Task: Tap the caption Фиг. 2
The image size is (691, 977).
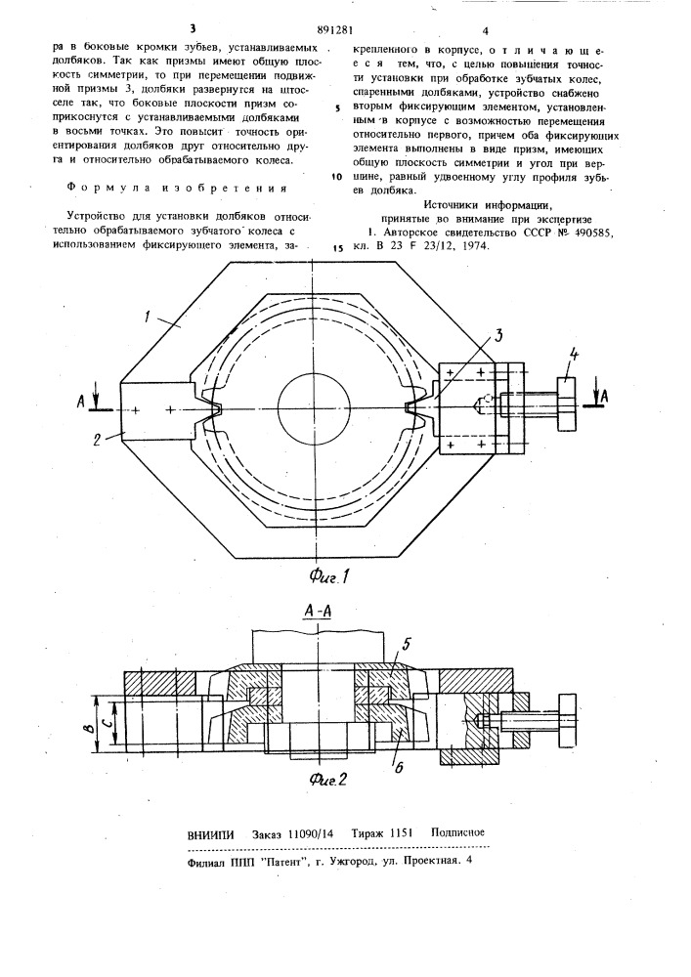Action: tap(327, 780)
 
